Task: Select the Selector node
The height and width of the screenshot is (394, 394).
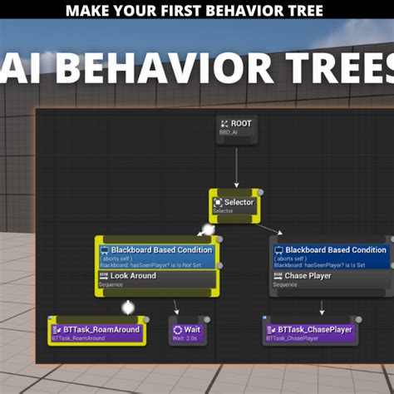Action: pos(234,204)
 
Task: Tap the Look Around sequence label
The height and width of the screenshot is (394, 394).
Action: pos(133,276)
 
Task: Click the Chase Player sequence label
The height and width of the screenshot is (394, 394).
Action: pos(308,276)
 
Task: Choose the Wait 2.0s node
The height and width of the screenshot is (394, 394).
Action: pos(187,332)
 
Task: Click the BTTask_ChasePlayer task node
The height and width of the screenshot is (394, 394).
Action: pos(311,332)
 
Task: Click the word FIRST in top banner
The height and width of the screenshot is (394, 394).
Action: pos(170,11)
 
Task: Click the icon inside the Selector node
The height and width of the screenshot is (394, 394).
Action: pos(218,202)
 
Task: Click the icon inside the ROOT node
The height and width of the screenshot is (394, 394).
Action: pos(224,124)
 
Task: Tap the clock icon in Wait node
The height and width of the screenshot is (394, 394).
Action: pos(177,330)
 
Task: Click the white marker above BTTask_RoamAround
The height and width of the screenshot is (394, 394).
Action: pos(128,308)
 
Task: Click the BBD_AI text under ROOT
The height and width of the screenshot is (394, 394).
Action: pos(228,133)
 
